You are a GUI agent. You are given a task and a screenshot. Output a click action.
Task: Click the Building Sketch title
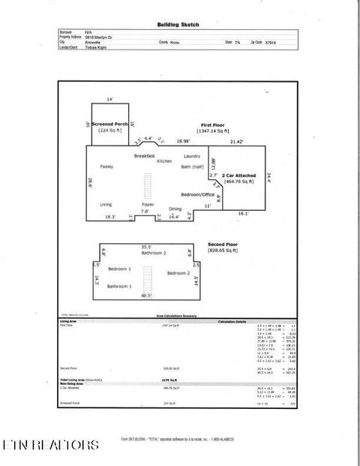(x=178, y=24)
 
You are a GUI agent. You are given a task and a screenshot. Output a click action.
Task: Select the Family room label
(x=106, y=167)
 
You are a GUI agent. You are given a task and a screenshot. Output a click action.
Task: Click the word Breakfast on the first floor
(x=144, y=155)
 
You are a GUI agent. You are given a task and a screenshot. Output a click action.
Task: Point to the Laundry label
(x=192, y=155)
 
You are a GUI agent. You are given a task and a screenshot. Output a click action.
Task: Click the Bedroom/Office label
(x=197, y=194)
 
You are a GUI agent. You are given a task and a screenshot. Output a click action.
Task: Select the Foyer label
(x=148, y=204)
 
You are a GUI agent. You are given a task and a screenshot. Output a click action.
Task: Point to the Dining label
(x=175, y=209)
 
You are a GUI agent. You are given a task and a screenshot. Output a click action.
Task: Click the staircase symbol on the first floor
(x=147, y=185)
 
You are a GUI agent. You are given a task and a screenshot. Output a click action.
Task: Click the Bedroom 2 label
(x=178, y=272)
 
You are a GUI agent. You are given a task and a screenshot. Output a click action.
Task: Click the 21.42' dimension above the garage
(x=237, y=141)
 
